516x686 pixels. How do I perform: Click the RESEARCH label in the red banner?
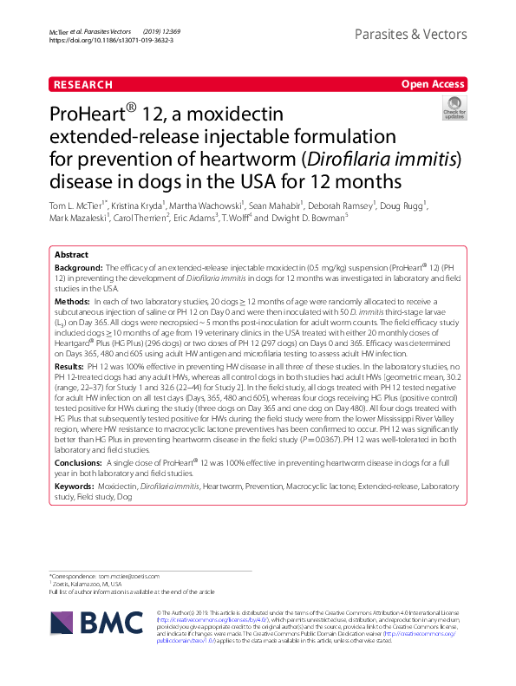pyautogui.click(x=82, y=85)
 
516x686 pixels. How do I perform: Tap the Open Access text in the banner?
pyautogui.click(x=432, y=85)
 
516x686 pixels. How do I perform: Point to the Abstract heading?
pyautogui.click(x=71, y=256)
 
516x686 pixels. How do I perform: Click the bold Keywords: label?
pyautogui.click(x=75, y=487)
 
